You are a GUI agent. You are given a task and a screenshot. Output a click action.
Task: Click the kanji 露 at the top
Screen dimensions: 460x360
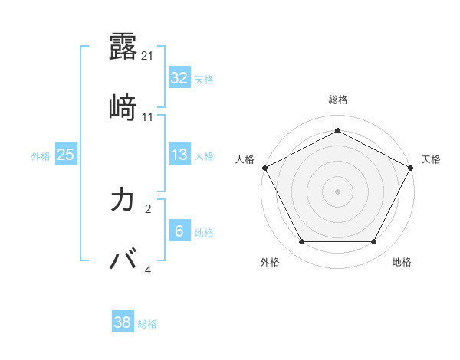(x=123, y=47)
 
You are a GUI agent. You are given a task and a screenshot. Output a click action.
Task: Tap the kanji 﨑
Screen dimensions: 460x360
(x=123, y=108)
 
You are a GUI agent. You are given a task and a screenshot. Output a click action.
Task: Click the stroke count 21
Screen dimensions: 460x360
(x=149, y=56)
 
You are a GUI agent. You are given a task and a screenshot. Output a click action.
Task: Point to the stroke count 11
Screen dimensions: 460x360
(x=149, y=117)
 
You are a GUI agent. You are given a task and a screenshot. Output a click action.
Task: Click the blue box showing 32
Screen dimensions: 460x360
(x=179, y=78)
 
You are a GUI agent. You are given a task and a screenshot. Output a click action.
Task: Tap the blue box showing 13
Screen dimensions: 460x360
(x=179, y=155)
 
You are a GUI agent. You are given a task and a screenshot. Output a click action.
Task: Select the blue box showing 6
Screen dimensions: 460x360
(x=179, y=231)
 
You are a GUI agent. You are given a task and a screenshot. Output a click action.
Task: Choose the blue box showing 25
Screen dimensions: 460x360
(x=66, y=155)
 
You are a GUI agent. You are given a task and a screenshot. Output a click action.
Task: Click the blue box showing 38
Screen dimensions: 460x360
(x=123, y=322)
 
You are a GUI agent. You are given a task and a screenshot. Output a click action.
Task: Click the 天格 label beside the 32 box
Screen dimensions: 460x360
(x=204, y=80)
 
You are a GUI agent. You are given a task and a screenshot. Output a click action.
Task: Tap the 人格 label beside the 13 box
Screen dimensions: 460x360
(x=204, y=156)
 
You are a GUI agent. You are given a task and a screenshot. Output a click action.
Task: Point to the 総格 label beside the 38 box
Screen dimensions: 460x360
(x=147, y=324)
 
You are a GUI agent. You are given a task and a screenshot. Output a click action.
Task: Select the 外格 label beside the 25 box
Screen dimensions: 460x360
(x=41, y=156)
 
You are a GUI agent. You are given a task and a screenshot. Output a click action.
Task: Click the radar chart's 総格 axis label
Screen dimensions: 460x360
(x=337, y=100)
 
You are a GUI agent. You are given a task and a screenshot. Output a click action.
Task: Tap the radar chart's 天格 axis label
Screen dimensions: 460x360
(x=431, y=159)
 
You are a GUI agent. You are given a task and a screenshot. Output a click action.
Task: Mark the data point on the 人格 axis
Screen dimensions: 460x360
(x=264, y=167)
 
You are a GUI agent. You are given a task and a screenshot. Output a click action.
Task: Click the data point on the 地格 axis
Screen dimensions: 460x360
(x=373, y=242)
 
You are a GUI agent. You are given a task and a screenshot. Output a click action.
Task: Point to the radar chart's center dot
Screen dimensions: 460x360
(x=337, y=191)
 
